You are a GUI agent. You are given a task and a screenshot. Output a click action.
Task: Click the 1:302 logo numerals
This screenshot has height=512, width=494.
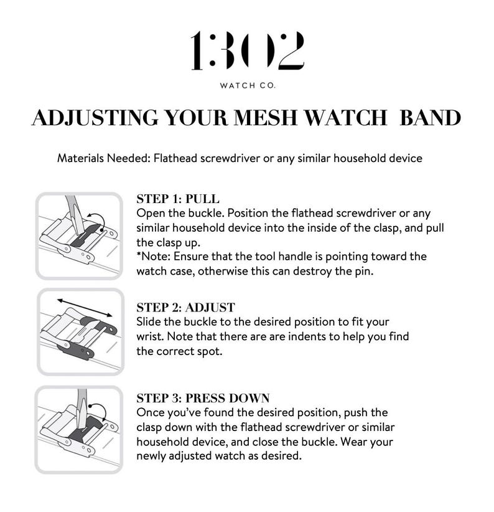(247, 50)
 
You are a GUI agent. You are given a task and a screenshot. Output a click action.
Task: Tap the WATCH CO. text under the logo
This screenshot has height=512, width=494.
(248, 85)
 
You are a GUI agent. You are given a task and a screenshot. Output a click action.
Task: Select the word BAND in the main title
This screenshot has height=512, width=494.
(430, 118)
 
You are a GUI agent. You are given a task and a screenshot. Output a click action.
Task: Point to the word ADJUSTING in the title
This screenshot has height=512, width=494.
(95, 118)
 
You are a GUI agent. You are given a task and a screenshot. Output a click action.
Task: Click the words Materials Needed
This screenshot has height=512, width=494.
(103, 158)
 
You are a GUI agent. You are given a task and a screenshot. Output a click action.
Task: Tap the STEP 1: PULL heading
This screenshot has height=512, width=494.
(178, 199)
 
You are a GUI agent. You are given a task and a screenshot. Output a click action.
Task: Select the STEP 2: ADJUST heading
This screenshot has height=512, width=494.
(185, 307)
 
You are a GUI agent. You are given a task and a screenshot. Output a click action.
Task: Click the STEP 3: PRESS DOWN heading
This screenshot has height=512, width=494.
(203, 398)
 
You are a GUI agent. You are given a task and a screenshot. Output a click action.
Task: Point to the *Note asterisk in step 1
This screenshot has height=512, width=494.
(139, 254)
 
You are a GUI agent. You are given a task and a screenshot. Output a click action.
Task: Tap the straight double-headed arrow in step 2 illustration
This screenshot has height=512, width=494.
(85, 308)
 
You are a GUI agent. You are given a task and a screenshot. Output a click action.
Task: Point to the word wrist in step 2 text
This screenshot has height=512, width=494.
(150, 336)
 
